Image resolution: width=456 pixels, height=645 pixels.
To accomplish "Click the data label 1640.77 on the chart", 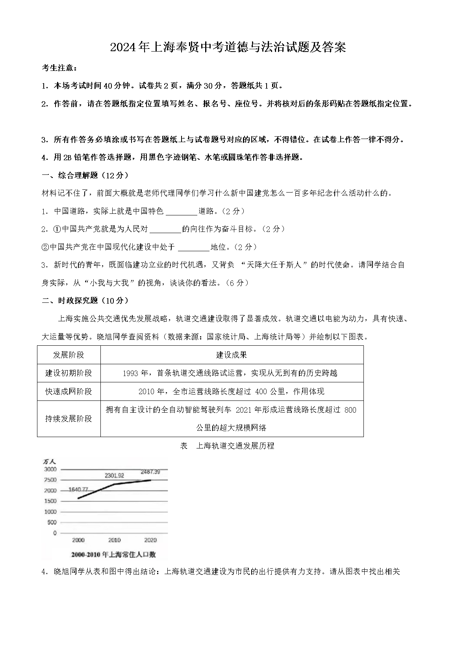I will point(78,489).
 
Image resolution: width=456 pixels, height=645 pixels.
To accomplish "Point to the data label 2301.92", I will point(114,475).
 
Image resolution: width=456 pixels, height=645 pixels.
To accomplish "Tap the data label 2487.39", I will point(150,472).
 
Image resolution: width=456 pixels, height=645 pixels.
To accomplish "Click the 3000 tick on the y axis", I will point(50,469).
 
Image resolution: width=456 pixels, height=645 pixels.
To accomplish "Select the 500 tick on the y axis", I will point(52,523).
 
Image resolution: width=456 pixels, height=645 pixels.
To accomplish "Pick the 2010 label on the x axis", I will point(114,540).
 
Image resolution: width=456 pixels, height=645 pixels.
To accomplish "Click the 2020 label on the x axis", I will point(150,540).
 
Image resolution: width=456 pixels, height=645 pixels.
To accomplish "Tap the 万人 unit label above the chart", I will point(50,461).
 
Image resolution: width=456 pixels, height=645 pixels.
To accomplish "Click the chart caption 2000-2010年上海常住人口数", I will point(113,554).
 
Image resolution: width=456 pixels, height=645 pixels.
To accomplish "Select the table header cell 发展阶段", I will point(69,355).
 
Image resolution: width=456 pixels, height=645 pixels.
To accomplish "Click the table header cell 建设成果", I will point(232,355).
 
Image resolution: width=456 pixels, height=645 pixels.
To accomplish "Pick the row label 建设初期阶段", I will point(69,373).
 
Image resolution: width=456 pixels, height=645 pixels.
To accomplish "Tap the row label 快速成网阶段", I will point(69,391).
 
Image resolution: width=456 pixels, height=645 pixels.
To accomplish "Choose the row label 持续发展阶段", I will point(69,419).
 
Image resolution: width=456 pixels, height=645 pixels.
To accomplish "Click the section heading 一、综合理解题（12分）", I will point(85,175).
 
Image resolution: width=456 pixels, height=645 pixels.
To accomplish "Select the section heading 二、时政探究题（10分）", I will point(85,300).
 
